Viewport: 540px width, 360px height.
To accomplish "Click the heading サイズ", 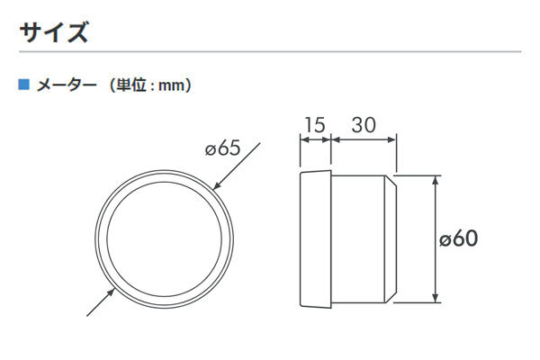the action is (54, 32).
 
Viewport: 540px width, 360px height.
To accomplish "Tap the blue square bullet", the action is (23, 84).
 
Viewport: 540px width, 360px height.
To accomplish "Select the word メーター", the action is (67, 85).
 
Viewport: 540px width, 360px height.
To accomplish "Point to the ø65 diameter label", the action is (222, 148).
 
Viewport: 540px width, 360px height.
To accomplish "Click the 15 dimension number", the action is (315, 125).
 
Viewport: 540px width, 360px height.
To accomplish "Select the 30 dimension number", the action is (364, 125).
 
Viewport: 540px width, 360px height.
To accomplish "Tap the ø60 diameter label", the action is (459, 238).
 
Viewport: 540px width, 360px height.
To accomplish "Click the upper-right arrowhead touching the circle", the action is (216, 186).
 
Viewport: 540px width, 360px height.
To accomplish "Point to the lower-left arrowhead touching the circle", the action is (111, 292).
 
